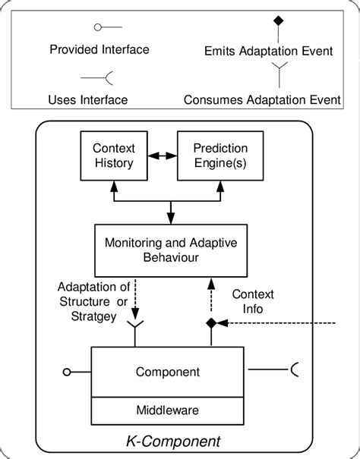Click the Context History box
point(113,156)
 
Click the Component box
point(168,372)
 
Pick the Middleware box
point(168,410)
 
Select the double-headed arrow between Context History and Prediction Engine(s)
point(162,156)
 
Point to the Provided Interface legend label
point(99,50)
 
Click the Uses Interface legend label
point(87,99)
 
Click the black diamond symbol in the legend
point(279,19)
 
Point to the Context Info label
point(253,302)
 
